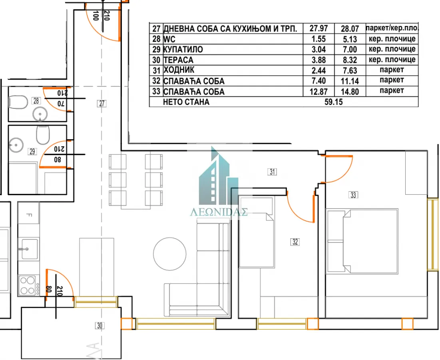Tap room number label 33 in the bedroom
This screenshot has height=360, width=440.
point(353,195)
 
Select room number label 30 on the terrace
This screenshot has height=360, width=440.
point(100,326)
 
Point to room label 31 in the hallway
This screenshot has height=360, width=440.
point(272,172)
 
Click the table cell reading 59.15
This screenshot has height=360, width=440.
point(334,102)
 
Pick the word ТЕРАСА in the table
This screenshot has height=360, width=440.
point(178,60)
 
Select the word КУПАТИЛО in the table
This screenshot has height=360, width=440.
point(183,50)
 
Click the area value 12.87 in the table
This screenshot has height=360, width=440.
point(319,92)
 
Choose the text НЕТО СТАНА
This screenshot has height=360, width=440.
point(186,102)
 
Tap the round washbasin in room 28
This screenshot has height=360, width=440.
point(40,114)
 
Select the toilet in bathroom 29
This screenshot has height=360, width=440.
point(42,136)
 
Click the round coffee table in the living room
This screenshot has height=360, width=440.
point(170,254)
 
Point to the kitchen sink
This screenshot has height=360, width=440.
point(28,248)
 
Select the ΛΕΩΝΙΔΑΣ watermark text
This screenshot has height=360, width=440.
point(219,212)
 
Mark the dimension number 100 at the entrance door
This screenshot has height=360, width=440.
point(96,16)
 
